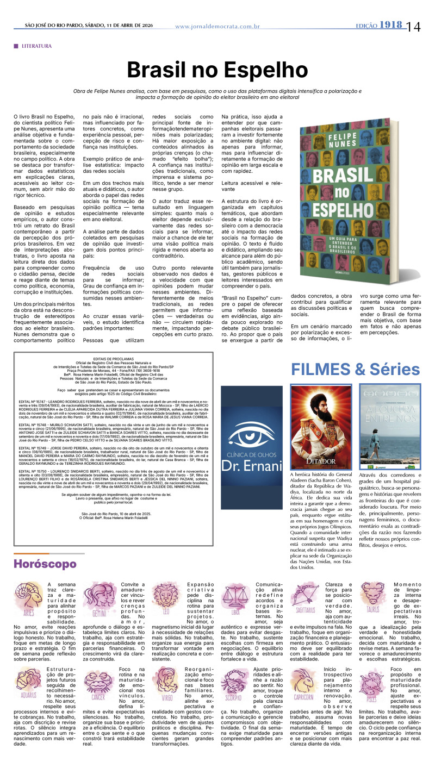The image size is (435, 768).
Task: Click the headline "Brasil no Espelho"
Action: coord(217,70)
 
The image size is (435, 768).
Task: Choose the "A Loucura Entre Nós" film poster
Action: coord(390,426)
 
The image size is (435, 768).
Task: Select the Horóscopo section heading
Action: coord(45,564)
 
